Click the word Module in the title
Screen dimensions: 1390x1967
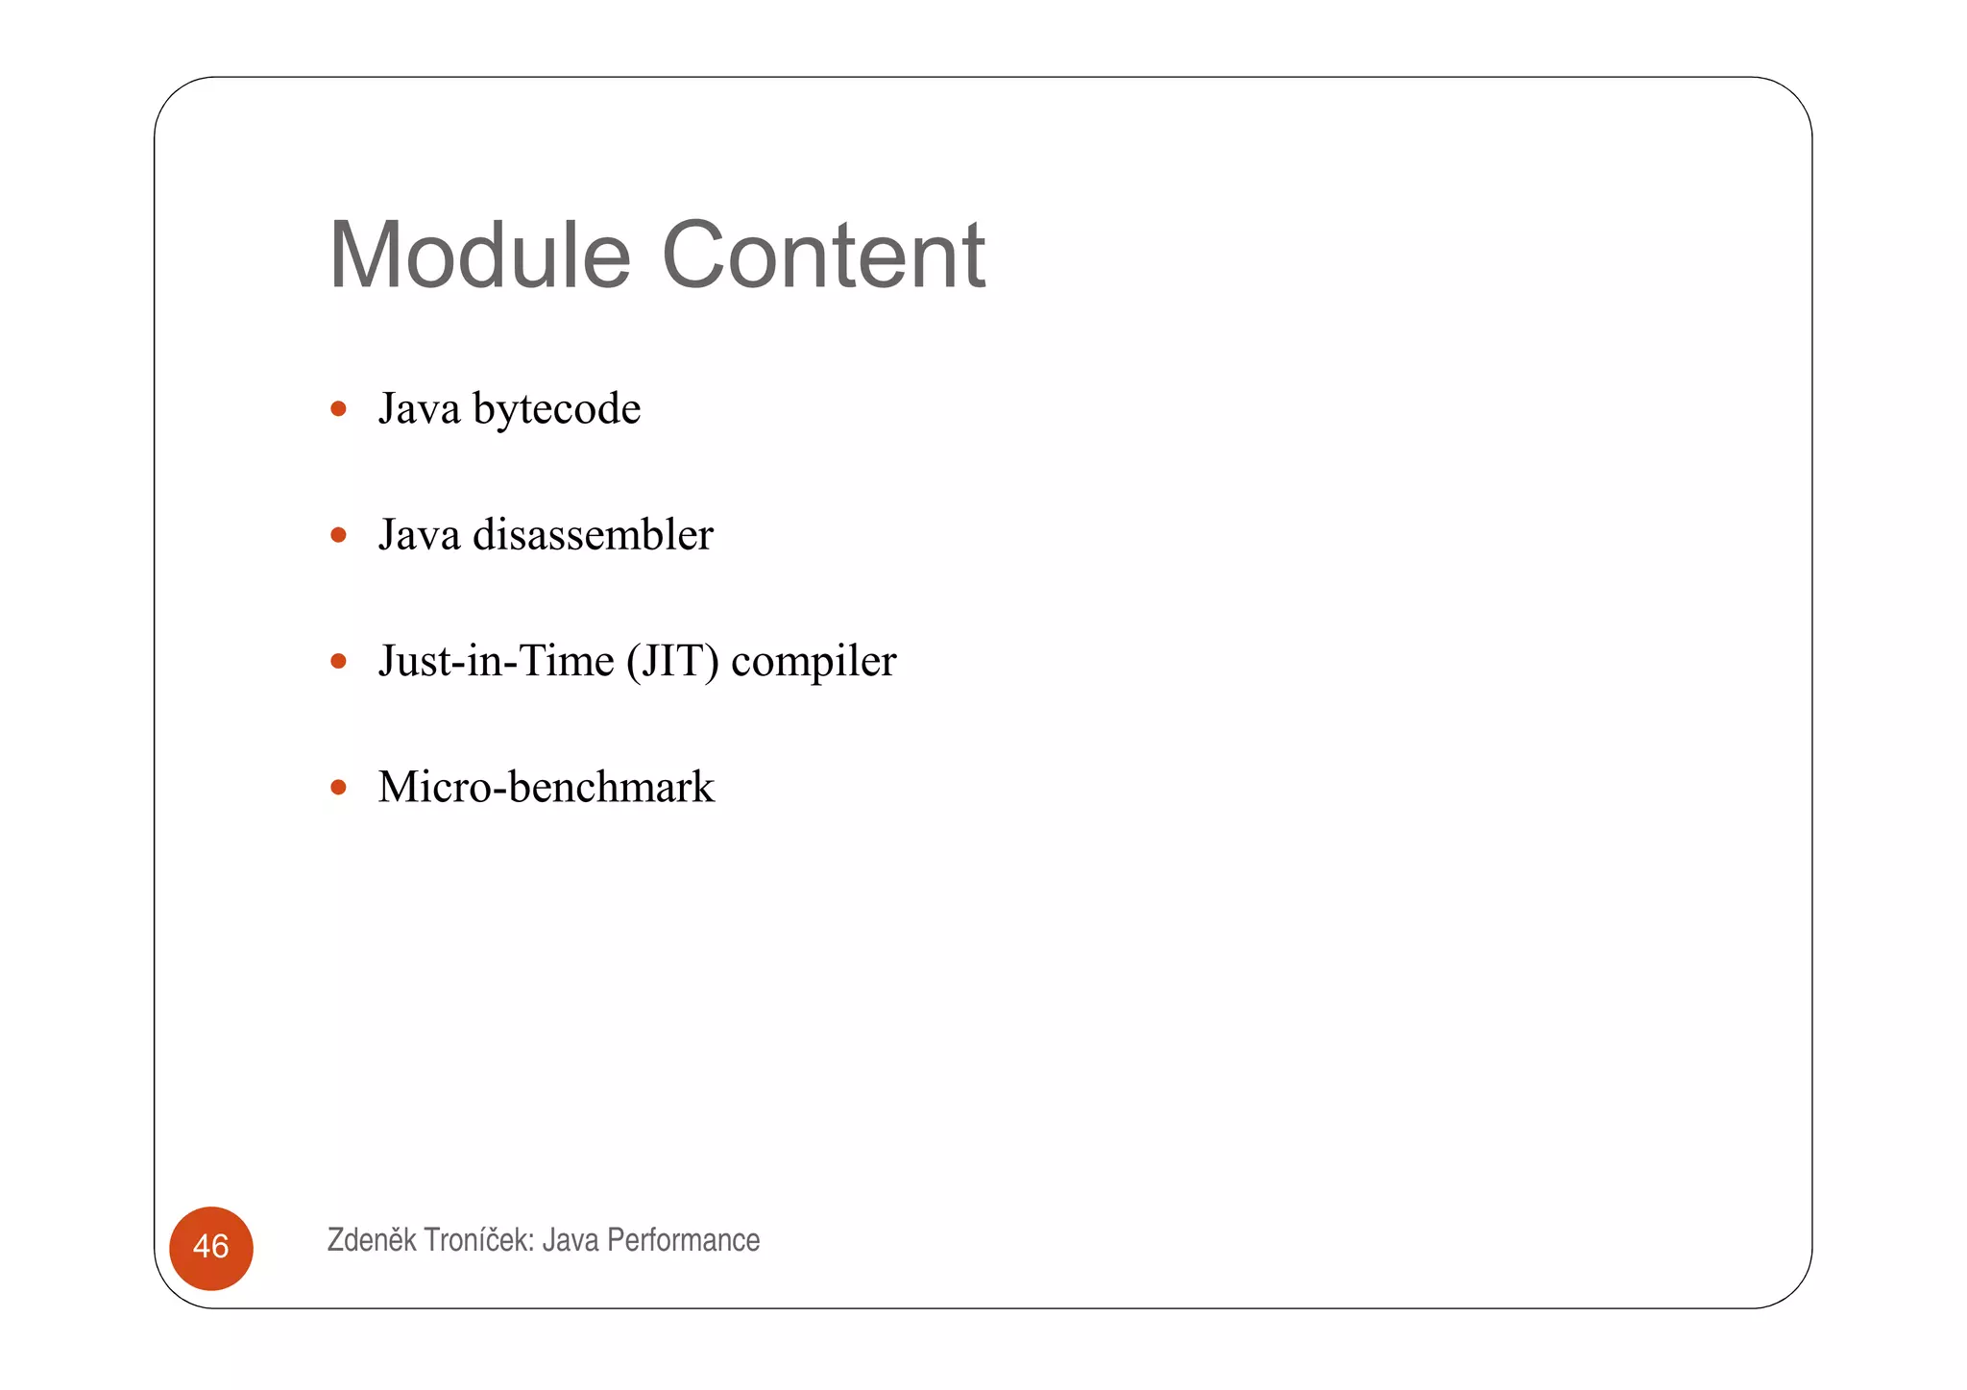click(479, 256)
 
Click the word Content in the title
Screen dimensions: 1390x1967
click(823, 256)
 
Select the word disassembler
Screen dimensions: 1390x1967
click(593, 535)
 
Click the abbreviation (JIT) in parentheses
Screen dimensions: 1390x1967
click(672, 662)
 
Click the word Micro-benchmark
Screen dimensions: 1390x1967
click(546, 788)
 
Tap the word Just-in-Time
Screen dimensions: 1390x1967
click(496, 661)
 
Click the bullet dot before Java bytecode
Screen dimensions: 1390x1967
click(338, 409)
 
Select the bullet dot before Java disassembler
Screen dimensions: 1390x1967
click(338, 535)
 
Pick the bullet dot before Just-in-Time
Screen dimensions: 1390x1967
click(338, 661)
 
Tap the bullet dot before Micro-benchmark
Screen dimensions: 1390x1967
click(338, 788)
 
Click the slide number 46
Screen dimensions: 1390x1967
click(210, 1247)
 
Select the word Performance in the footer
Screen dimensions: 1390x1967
click(683, 1240)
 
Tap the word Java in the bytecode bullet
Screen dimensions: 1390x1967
click(419, 409)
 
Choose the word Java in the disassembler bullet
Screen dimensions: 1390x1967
click(419, 535)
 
